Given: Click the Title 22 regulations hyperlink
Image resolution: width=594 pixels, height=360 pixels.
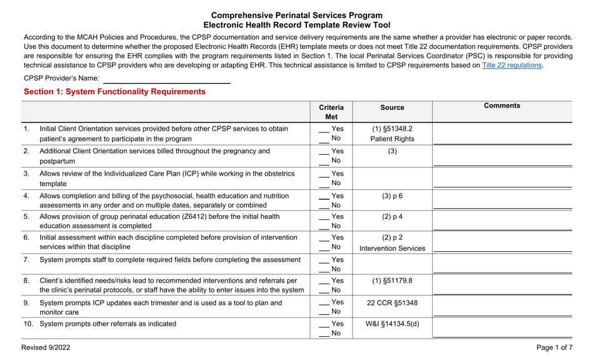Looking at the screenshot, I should tap(511, 65).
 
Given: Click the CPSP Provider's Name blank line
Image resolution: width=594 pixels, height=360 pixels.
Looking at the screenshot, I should tap(166, 79).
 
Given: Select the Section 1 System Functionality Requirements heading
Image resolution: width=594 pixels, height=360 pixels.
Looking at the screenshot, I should tap(114, 92).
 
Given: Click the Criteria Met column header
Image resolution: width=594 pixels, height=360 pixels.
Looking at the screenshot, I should tap(331, 112).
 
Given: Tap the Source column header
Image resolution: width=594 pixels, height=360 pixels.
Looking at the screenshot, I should tap(392, 107).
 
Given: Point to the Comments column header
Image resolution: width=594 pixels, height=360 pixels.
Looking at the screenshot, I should tap(501, 106).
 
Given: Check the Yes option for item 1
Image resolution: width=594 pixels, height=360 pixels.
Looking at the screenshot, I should tap(331, 129).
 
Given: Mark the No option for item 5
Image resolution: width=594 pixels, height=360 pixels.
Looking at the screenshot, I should tap(330, 226).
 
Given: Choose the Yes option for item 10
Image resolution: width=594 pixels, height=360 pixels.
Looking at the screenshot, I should tap(331, 324).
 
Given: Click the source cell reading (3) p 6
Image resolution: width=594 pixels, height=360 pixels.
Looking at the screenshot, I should tap(392, 196).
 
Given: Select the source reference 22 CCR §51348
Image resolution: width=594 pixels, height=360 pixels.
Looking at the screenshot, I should tap(392, 303).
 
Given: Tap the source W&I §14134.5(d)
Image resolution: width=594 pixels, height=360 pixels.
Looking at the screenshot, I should tap(392, 324).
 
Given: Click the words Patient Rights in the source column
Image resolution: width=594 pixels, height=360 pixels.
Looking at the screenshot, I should tap(392, 139).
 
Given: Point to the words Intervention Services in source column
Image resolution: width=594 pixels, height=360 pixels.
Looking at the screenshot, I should tap(392, 248).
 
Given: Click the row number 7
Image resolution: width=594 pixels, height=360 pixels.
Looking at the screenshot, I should tap(26, 259).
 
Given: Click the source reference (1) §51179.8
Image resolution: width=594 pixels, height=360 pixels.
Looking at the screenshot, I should tap(392, 281).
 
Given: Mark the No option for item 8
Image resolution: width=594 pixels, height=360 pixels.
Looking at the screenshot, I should tap(330, 291).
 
